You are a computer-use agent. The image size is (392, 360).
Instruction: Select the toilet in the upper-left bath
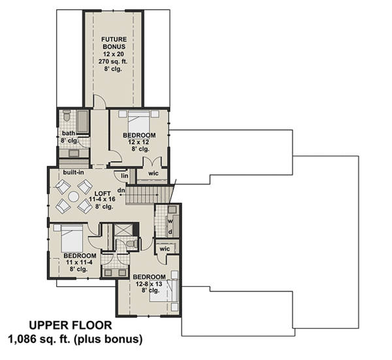click(x=66, y=118)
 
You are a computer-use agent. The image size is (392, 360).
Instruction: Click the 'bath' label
click(x=69, y=133)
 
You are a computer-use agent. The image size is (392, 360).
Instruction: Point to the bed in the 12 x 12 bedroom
click(x=139, y=120)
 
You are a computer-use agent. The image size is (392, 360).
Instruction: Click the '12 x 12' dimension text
click(x=139, y=142)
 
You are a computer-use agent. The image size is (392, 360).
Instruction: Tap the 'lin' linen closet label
click(x=124, y=175)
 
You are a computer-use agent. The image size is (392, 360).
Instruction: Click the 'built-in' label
click(x=73, y=172)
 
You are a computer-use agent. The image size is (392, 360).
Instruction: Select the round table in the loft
click(x=74, y=196)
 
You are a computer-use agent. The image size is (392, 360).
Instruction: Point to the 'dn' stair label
click(x=121, y=190)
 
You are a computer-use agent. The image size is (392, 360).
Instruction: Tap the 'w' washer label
click(x=169, y=220)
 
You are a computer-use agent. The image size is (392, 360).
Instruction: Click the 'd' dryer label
click(x=169, y=231)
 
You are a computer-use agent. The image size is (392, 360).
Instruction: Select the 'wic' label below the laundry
click(x=164, y=249)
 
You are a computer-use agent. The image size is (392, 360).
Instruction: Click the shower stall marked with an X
click(x=123, y=230)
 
